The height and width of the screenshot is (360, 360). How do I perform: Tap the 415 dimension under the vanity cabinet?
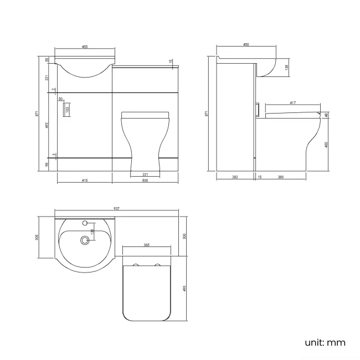[84, 181]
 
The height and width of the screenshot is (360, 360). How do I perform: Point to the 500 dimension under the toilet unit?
[145, 181]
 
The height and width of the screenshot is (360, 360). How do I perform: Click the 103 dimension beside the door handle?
[68, 109]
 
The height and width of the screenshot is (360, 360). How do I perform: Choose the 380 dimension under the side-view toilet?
[280, 177]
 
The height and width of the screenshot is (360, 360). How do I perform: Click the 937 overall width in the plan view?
[117, 208]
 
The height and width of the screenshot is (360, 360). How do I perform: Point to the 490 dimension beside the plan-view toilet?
[184, 287]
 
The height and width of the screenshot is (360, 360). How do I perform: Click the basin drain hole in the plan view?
[85, 240]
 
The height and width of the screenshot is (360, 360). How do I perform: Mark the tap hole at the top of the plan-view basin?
[85, 223]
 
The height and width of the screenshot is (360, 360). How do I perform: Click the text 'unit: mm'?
[325, 342]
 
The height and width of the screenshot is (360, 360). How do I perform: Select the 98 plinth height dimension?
[48, 164]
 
